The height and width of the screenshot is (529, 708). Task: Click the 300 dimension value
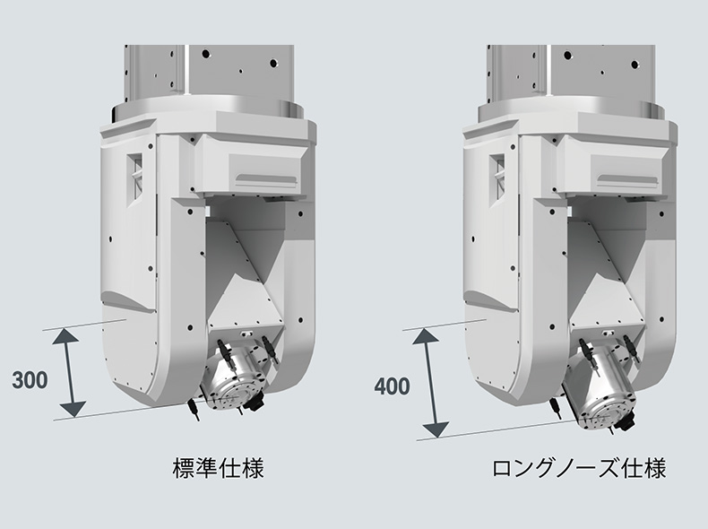point(30,378)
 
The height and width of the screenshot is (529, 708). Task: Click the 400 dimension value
point(392,387)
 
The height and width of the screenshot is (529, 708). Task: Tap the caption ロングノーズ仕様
point(579,468)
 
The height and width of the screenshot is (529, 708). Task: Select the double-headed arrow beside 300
point(69,372)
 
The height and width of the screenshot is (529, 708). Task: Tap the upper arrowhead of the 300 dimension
point(69,335)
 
